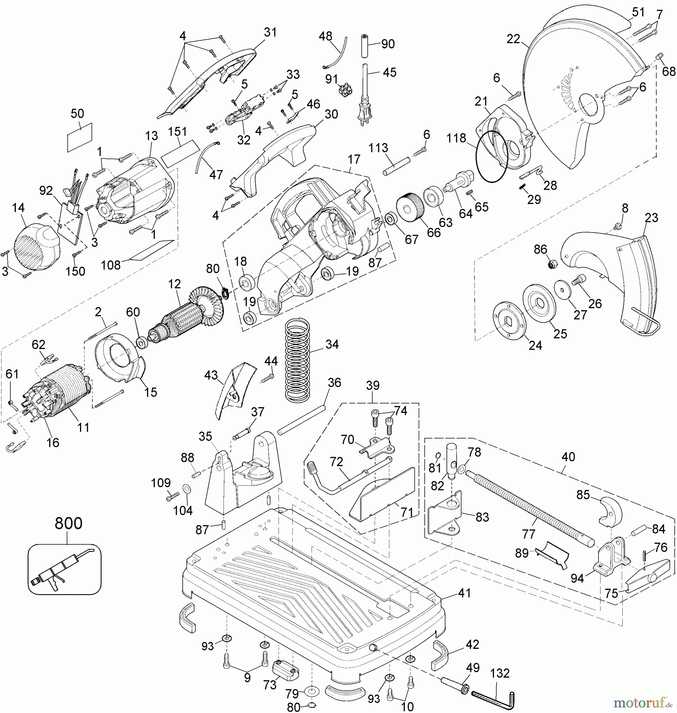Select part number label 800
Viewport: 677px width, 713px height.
68,523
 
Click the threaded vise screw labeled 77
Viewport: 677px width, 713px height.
529,506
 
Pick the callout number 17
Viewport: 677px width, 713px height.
354,159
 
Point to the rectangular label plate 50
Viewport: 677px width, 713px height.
80,137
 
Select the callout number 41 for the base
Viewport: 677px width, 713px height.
464,593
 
